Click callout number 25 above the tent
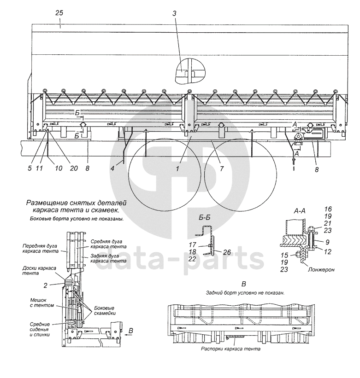[59, 13]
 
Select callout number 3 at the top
[174, 13]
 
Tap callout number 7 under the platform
[222, 169]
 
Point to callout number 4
[112, 168]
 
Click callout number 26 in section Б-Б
[227, 252]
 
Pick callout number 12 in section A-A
[327, 252]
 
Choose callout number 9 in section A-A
[327, 242]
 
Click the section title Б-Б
[204, 217]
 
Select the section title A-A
[300, 211]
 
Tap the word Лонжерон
[321, 269]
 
